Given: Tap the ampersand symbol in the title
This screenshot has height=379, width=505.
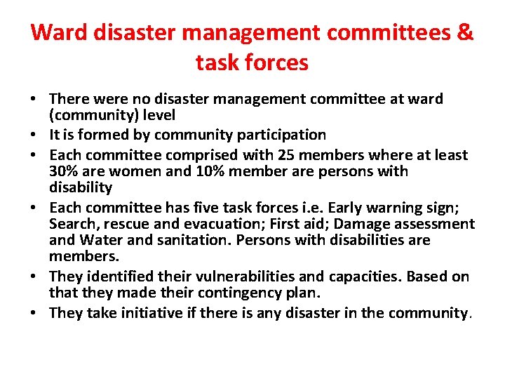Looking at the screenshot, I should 464,33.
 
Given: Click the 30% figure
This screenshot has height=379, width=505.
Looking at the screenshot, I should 65,171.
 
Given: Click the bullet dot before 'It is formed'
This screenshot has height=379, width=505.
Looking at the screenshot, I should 36,135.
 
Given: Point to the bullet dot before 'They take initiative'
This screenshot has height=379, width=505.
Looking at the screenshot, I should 36,314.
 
